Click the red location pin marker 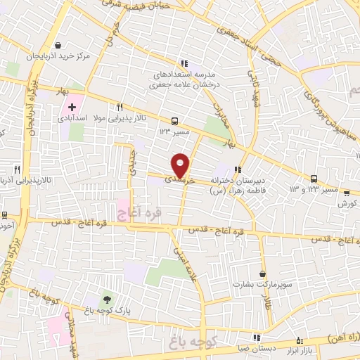[x=181, y=165]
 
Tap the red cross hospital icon [x=72, y=108]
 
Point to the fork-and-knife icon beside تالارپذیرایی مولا [x=120, y=108]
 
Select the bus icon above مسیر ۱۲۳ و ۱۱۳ [x=314, y=179]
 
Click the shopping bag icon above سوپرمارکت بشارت [x=263, y=274]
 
